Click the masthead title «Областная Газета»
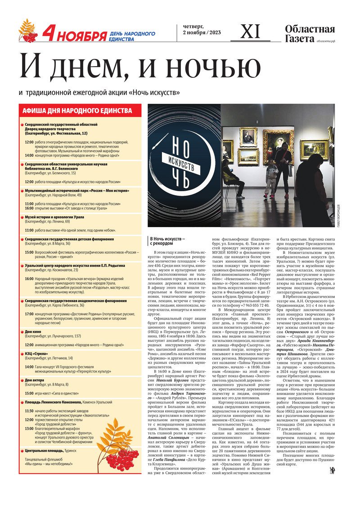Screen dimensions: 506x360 (x=310, y=34)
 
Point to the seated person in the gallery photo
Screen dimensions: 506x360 (x=232, y=178)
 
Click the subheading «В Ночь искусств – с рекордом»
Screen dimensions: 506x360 (x=168, y=241)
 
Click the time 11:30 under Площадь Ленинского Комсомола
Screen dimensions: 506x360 (x=29, y=411)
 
